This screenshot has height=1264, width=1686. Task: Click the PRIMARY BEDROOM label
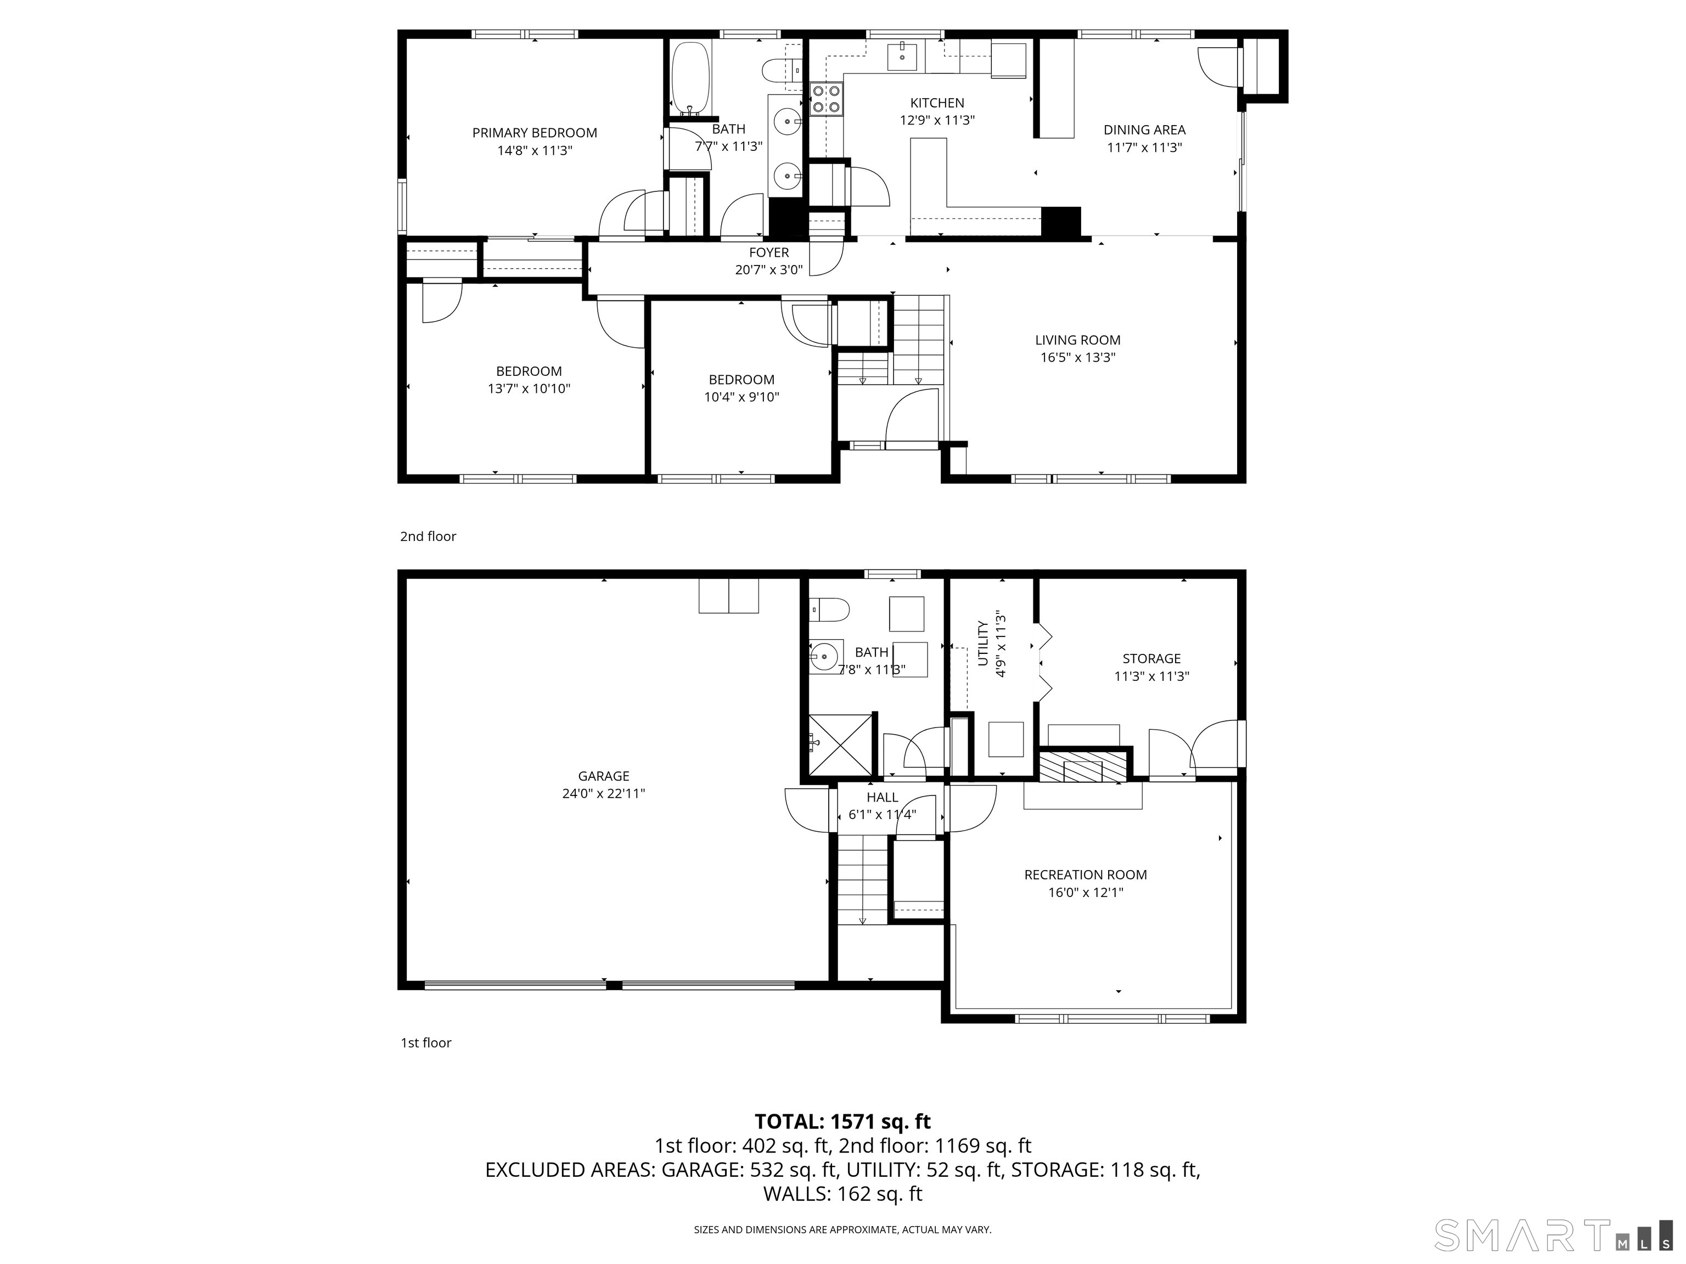click(535, 133)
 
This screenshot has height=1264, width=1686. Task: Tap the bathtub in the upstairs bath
click(690, 79)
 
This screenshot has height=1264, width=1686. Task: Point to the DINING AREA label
click(1144, 130)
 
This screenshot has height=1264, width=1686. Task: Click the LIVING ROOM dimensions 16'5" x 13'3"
click(1078, 357)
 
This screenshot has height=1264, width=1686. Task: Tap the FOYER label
click(769, 252)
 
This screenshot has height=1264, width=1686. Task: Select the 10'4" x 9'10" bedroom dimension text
click(741, 397)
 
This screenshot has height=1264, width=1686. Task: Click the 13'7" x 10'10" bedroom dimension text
click(529, 388)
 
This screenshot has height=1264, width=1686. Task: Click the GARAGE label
click(604, 776)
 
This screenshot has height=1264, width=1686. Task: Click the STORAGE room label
click(1151, 658)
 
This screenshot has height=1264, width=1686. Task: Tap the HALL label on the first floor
click(882, 797)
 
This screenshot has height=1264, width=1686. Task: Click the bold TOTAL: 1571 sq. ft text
click(842, 1121)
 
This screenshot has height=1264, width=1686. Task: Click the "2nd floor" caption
click(428, 537)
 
